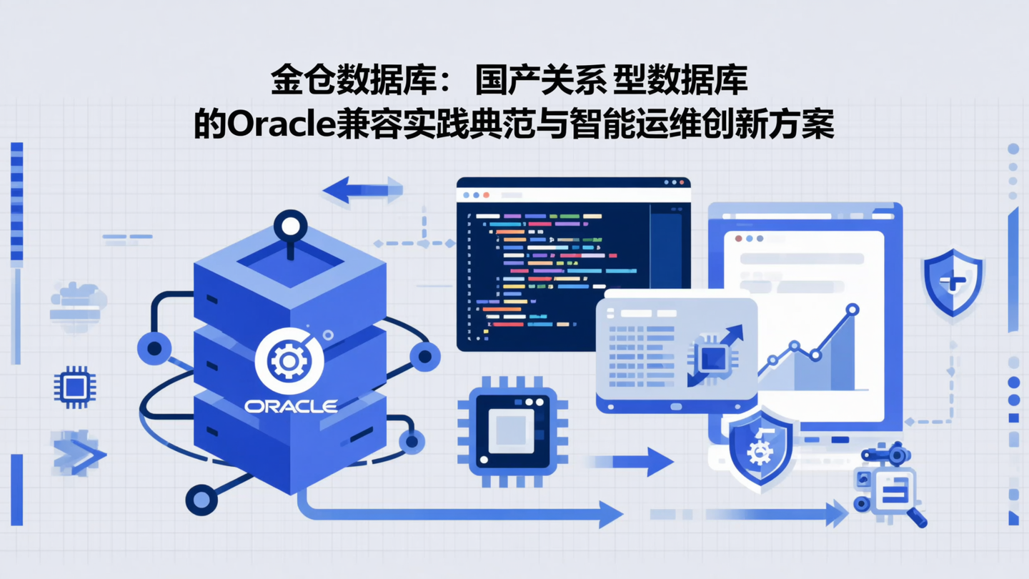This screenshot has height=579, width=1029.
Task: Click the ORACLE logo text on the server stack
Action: tap(291, 407)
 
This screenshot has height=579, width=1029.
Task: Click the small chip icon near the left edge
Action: tap(75, 387)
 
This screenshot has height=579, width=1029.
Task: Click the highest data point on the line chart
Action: tap(852, 310)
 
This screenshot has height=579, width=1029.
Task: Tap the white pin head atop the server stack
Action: tap(290, 227)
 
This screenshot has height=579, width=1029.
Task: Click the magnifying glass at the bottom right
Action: tap(915, 516)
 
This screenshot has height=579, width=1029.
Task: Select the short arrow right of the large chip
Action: tap(632, 461)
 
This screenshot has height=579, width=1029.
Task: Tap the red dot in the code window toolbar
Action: tap(487, 195)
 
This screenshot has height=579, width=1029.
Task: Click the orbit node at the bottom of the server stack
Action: tap(201, 499)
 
